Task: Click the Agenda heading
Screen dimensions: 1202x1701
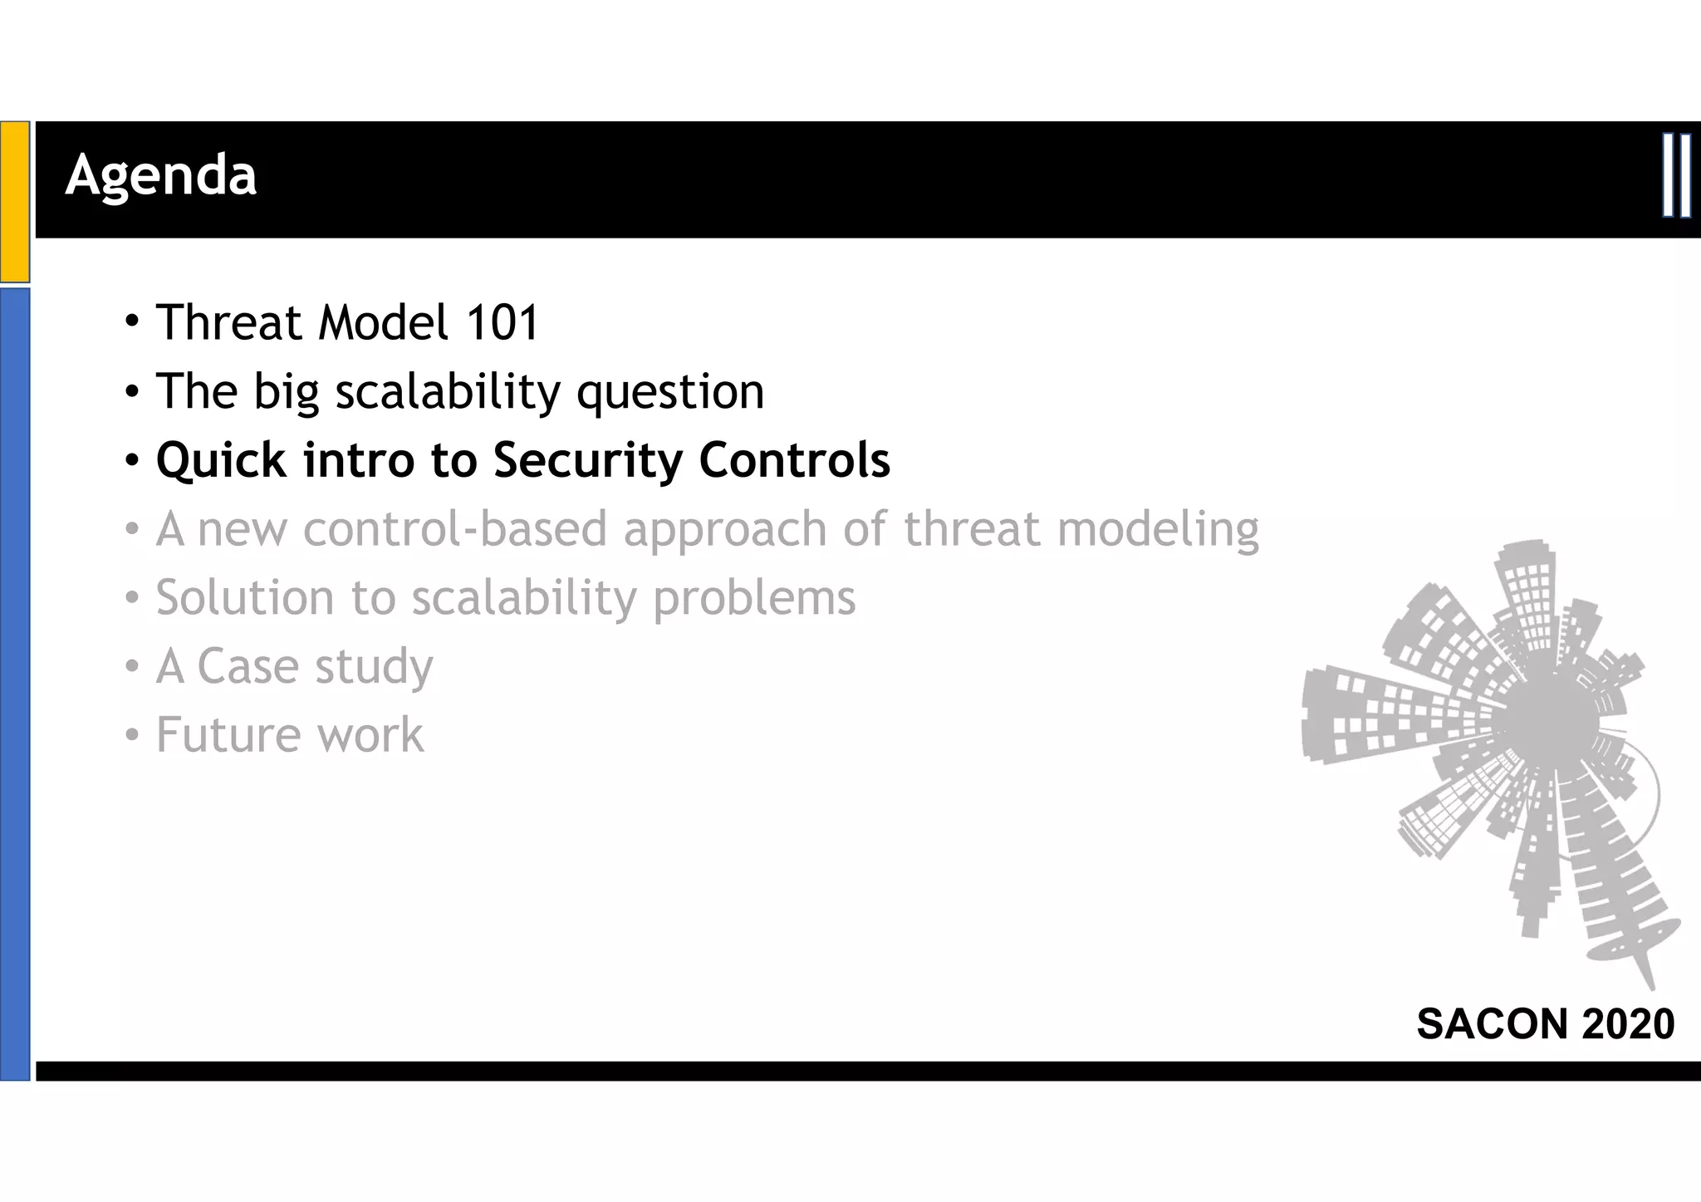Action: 161,175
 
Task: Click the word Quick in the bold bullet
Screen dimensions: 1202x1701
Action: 221,460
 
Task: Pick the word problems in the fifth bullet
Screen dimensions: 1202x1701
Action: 754,598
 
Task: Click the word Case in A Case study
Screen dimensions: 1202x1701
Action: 248,666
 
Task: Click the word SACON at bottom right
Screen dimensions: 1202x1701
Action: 1493,1023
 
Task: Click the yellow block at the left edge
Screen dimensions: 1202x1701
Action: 15,201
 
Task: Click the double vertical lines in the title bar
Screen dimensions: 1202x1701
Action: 1676,175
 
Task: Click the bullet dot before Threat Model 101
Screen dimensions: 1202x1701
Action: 132,321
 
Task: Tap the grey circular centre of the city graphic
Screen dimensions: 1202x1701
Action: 1550,716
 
